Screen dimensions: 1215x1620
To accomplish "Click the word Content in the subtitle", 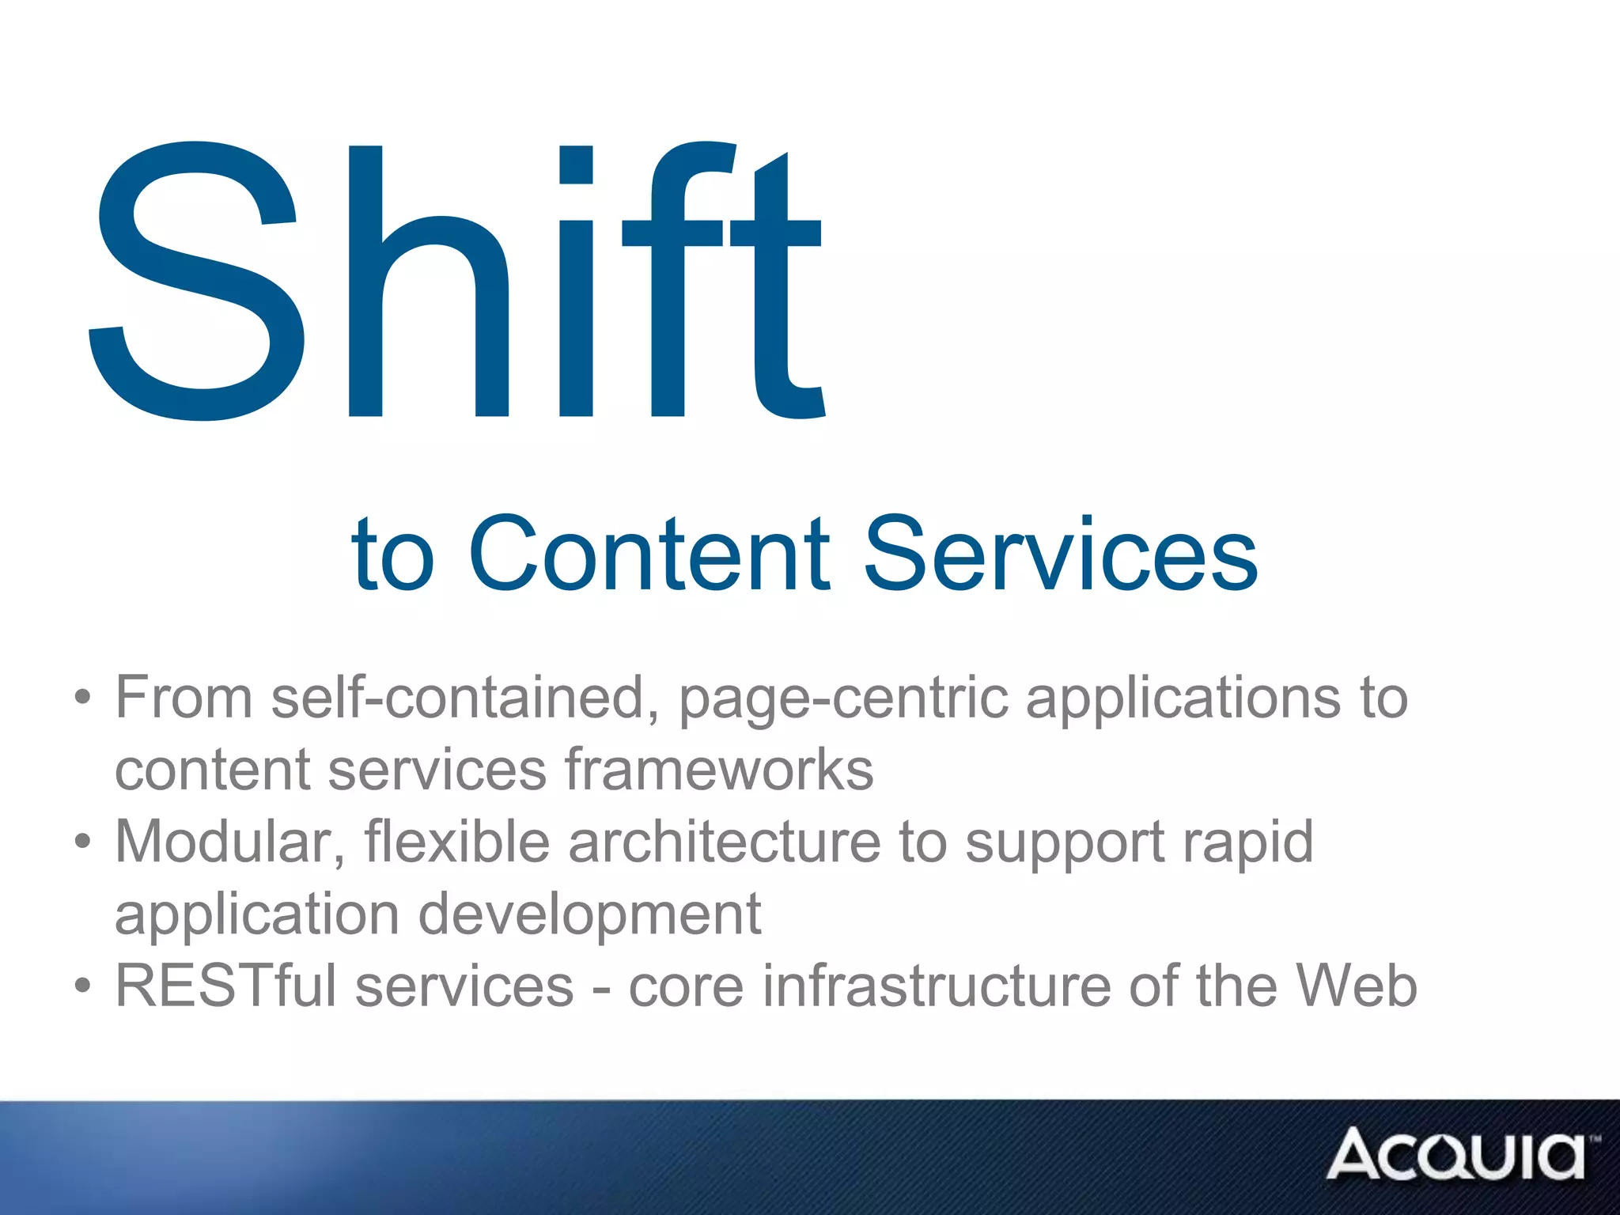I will (x=649, y=554).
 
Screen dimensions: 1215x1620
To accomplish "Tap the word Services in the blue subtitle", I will (x=1060, y=554).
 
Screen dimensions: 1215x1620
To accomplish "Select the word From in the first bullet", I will (x=184, y=698).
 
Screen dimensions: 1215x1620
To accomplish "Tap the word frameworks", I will (x=719, y=769).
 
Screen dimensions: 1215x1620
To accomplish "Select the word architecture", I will (x=725, y=841).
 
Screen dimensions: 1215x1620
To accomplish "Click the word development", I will (x=589, y=914).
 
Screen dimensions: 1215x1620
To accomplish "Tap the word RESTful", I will (x=225, y=986).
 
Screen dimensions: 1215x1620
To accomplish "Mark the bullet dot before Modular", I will (x=83, y=842).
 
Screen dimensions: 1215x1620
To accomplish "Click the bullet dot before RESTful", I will (x=83, y=986).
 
